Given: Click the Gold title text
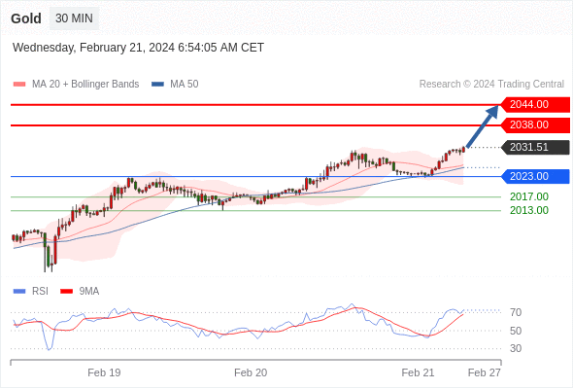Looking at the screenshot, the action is click(26, 18).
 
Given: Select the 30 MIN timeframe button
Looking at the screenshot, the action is click(74, 18).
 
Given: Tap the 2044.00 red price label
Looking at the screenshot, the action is click(534, 105).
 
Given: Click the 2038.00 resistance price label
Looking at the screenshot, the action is click(534, 125).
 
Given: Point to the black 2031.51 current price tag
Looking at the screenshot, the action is click(534, 147).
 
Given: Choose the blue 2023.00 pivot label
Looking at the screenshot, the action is click(534, 176).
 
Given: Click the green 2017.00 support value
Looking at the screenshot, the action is click(529, 196).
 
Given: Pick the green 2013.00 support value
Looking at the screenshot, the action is click(529, 210).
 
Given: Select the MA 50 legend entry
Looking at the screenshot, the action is click(175, 85).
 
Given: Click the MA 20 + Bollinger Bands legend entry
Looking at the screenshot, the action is click(76, 85).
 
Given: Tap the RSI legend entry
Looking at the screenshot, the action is click(31, 292).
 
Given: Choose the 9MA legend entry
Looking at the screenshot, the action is click(80, 292).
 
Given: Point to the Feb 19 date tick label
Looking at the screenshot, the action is click(104, 372).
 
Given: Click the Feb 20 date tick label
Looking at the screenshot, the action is click(251, 372).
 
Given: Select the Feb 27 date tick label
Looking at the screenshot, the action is click(485, 372).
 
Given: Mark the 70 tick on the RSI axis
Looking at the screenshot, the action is click(516, 312).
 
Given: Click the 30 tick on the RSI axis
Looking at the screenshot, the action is click(516, 348).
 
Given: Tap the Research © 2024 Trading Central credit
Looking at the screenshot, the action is click(491, 85).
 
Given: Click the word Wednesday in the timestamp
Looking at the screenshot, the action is click(44, 48).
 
